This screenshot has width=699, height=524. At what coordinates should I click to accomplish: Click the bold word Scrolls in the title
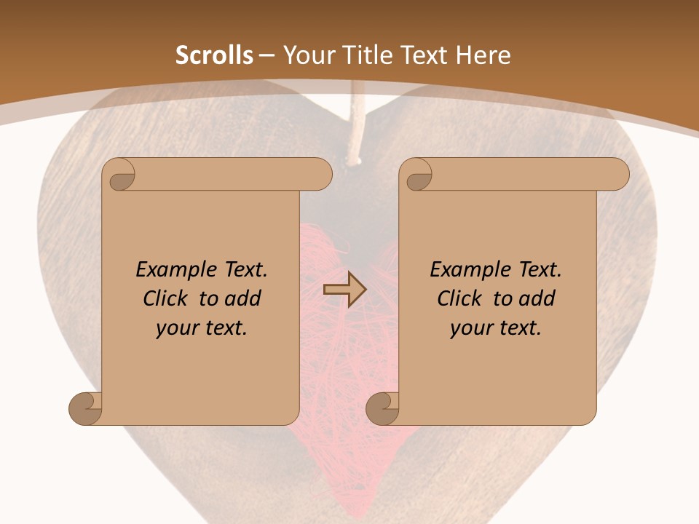click(x=214, y=55)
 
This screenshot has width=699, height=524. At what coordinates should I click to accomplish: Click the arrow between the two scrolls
click(x=344, y=290)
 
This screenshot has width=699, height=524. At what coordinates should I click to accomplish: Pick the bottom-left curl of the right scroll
click(x=384, y=408)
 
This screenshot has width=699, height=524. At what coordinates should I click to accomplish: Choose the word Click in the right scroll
click(x=459, y=299)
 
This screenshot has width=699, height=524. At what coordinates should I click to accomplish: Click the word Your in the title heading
click(x=304, y=55)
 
